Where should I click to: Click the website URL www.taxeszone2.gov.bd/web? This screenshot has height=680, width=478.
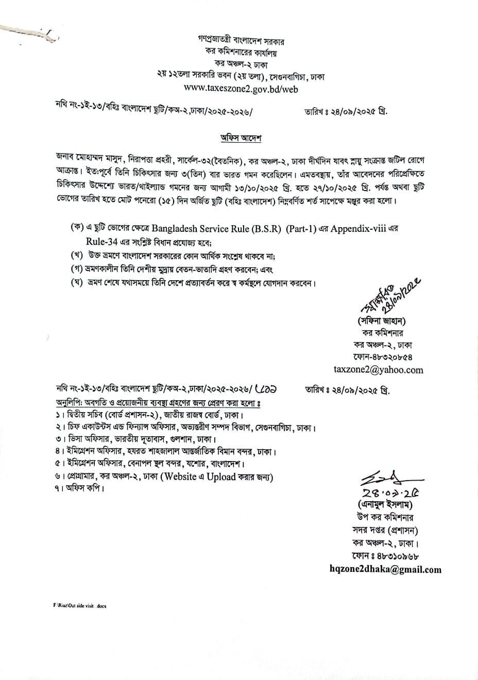241,89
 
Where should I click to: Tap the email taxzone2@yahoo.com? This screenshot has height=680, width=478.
379,369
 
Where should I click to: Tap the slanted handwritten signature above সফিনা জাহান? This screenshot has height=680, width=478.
391,296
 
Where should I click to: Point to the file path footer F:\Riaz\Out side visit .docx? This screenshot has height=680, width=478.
76,606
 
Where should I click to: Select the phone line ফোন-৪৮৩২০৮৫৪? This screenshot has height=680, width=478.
383,357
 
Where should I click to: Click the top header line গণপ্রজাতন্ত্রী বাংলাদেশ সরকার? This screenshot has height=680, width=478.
241,40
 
